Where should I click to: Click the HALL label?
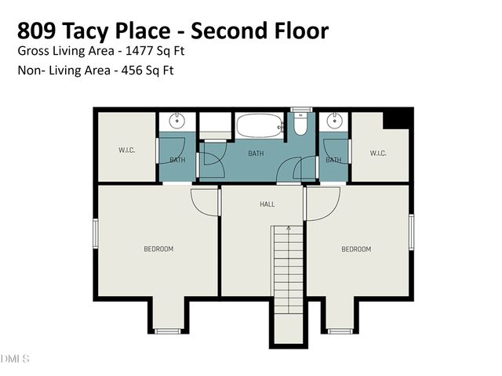pos(267,204)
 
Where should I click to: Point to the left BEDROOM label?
pos(158,249)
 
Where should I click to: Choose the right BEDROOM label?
pos(355,249)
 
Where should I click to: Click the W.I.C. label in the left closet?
pos(127,150)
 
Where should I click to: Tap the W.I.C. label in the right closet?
pos(378,153)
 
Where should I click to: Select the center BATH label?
pos(256,154)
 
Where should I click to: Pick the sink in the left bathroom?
pos(178,121)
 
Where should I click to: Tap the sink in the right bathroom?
pos(334,121)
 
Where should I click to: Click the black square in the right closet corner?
pos(400,119)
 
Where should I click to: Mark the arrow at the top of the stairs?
pos(289,228)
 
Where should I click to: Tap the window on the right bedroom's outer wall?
pos(412,233)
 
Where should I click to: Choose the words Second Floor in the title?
pos(264,31)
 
